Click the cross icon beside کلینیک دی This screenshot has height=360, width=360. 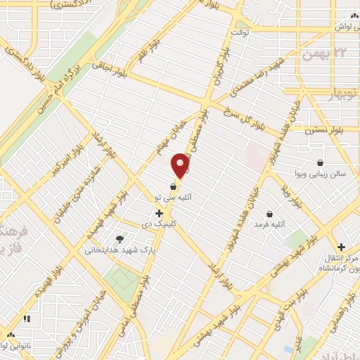[x=160, y=212]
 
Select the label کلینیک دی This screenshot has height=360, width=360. [x=175, y=224]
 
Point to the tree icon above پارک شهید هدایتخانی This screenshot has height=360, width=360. [x=128, y=240]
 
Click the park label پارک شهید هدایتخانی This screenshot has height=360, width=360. [x=116, y=250]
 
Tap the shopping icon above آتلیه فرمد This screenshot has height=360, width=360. [x=270, y=213]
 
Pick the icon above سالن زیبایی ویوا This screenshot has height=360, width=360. [x=321, y=162]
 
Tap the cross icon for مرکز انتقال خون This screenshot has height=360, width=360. [x=341, y=247]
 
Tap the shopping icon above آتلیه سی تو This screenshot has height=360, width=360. [x=174, y=187]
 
